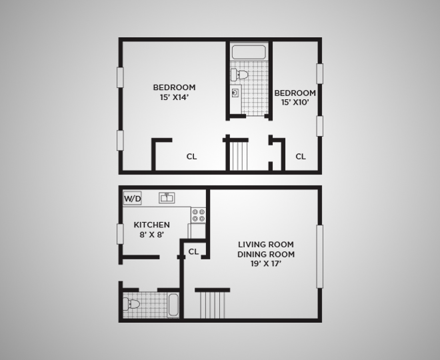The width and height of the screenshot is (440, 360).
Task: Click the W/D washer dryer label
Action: [x=133, y=198]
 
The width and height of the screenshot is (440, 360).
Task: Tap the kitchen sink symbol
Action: [x=167, y=197]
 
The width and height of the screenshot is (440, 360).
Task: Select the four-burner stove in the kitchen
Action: [x=199, y=215]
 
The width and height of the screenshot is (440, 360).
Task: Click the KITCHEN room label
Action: [x=152, y=225]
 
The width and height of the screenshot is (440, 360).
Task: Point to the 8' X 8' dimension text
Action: [x=152, y=235]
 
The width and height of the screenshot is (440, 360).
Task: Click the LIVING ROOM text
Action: [x=266, y=244]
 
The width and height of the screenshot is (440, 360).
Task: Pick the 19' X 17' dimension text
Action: [x=266, y=264]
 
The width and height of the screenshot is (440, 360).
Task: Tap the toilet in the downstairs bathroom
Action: [x=133, y=304]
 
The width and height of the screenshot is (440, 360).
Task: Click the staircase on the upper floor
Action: [x=238, y=154]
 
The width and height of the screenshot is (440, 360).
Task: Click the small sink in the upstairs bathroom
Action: [x=235, y=93]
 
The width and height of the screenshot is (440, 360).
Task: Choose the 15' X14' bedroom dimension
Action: [x=174, y=97]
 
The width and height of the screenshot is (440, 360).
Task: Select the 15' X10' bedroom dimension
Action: [x=294, y=103]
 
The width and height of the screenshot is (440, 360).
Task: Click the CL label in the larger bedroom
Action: [x=191, y=157]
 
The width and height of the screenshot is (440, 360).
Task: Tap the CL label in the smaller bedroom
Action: [x=301, y=157]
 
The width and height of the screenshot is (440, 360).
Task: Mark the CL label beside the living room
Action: [x=193, y=251]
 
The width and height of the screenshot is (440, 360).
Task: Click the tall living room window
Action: [x=319, y=256]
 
